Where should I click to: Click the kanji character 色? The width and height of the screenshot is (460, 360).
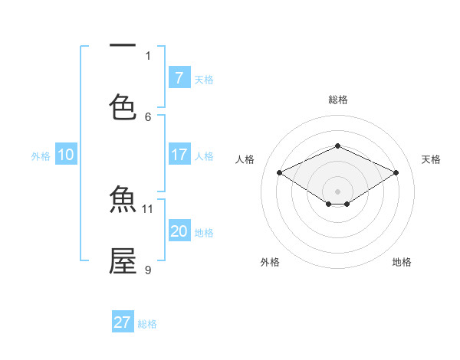(x=123, y=106)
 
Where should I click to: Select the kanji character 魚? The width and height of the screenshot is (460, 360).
(x=123, y=201)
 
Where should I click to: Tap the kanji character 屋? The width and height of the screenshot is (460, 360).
(x=123, y=260)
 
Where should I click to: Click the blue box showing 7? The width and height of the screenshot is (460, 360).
(x=179, y=77)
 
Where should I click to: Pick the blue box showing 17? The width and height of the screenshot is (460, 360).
(x=179, y=155)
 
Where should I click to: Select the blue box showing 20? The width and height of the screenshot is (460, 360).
(x=179, y=231)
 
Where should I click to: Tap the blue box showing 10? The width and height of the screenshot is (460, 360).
(x=66, y=155)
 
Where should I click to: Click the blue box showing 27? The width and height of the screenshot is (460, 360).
(x=123, y=322)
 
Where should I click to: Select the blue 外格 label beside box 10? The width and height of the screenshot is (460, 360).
(x=41, y=155)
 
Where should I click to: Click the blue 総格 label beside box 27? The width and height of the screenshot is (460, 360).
(x=148, y=323)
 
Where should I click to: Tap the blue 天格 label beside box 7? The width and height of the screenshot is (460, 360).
(x=204, y=79)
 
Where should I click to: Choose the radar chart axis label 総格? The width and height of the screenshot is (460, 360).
(x=337, y=100)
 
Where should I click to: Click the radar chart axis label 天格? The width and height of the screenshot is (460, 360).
(x=431, y=159)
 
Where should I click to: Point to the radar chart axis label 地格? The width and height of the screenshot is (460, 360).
(x=402, y=262)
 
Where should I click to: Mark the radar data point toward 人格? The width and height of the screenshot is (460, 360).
(x=280, y=173)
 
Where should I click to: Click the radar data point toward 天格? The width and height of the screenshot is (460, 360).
(x=396, y=173)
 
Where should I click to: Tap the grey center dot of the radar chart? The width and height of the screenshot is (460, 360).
(x=337, y=191)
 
